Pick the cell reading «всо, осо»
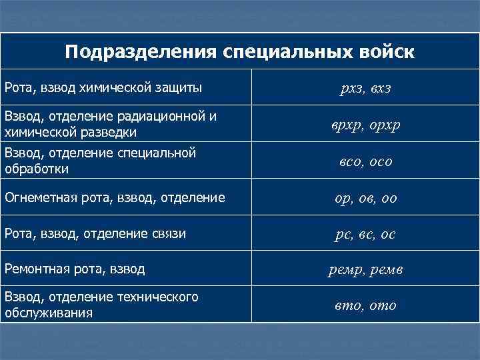click(x=365, y=162)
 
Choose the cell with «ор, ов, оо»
click(x=365, y=198)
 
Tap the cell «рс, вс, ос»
click(x=365, y=234)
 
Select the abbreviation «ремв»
click(x=387, y=270)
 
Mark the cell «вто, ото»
click(x=365, y=306)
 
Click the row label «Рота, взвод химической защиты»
click(x=103, y=87)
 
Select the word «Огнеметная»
click(x=44, y=197)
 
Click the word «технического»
click(x=156, y=297)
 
